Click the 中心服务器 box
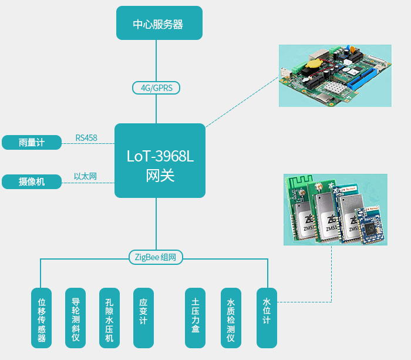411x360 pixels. [x=159, y=23]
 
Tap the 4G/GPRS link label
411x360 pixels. [x=156, y=88]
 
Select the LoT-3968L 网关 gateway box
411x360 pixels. [x=159, y=160]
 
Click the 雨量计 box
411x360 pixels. [x=32, y=143]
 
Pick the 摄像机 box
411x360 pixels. [x=32, y=181]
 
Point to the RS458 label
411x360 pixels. [x=86, y=139]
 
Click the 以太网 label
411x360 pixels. [x=85, y=176]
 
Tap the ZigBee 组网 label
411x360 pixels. [x=156, y=257]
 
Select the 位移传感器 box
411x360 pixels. [x=41, y=317]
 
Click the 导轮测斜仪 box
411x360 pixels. [x=75, y=317]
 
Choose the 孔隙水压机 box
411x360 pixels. [x=109, y=317]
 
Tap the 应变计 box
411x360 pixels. [x=143, y=317]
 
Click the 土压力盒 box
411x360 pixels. [x=195, y=317]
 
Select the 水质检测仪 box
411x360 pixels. [x=231, y=317]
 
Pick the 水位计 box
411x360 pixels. [x=266, y=317]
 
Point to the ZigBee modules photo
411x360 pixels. [x=335, y=208]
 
